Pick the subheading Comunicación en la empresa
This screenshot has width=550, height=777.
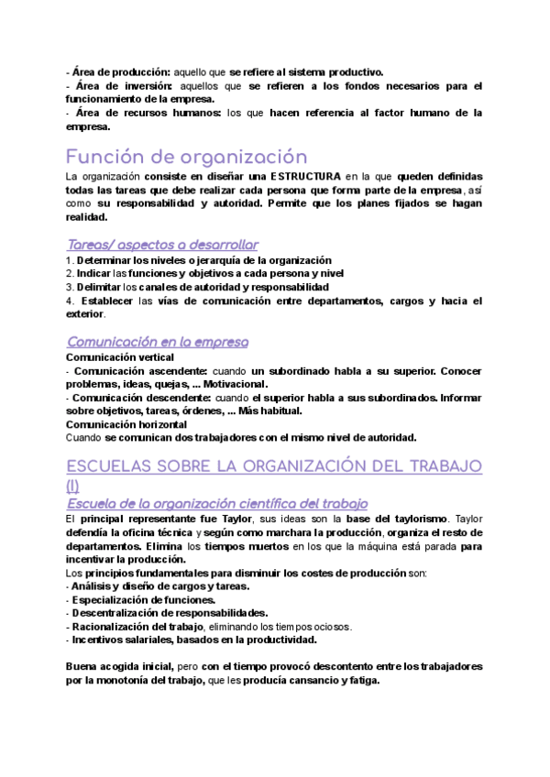(x=158, y=342)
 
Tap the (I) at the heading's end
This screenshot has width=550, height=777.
(x=74, y=486)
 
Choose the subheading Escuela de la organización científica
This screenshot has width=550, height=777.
(x=217, y=503)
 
